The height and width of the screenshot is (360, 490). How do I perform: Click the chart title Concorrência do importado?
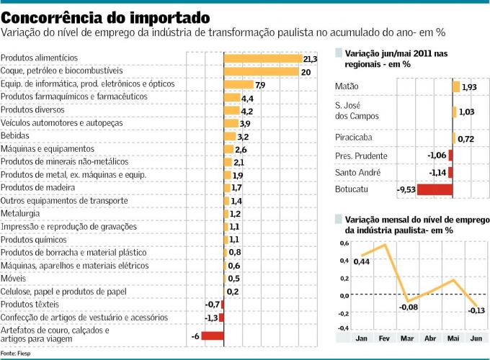point(107,17)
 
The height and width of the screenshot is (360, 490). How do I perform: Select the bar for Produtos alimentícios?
point(262,58)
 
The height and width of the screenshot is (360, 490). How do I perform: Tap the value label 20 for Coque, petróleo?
point(306,72)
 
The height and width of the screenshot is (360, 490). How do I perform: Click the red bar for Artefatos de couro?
point(213,336)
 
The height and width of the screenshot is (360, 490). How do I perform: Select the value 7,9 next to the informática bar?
point(260,85)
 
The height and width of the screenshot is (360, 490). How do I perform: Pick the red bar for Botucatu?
point(435,190)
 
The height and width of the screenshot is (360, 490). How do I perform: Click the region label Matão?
point(347,87)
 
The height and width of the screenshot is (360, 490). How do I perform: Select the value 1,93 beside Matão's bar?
point(469,87)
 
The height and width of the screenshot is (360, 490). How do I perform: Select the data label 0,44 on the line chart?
point(362,261)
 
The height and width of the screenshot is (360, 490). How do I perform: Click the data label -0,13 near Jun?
point(476,311)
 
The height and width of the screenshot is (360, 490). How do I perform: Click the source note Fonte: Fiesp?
point(15,354)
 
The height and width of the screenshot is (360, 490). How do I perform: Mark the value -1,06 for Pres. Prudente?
point(436,156)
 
